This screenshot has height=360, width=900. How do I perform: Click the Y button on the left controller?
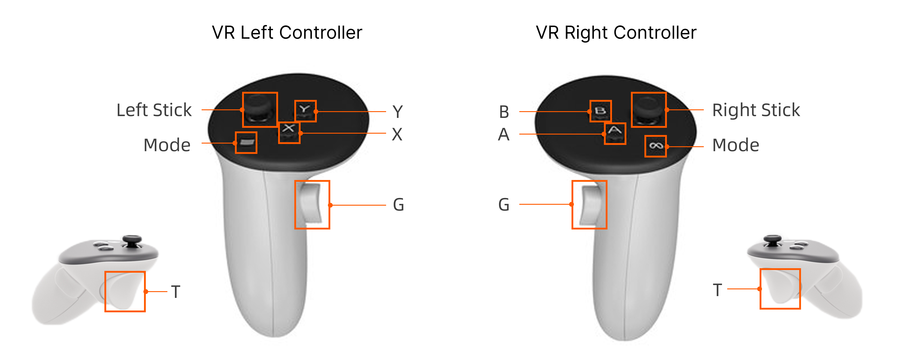pyautogui.click(x=305, y=110)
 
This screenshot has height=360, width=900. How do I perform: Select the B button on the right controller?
pyautogui.click(x=600, y=111)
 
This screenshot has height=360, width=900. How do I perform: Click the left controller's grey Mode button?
pyautogui.click(x=246, y=143)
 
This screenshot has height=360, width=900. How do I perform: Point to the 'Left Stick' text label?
pyautogui.click(x=154, y=110)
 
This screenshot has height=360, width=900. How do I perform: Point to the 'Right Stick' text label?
pyautogui.click(x=756, y=110)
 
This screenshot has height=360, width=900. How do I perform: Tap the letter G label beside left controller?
pyautogui.click(x=398, y=205)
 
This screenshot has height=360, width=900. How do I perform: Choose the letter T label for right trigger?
pyautogui.click(x=717, y=290)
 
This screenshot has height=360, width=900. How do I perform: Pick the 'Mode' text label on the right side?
pyautogui.click(x=736, y=145)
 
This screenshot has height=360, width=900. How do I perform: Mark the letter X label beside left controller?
pyautogui.click(x=397, y=134)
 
